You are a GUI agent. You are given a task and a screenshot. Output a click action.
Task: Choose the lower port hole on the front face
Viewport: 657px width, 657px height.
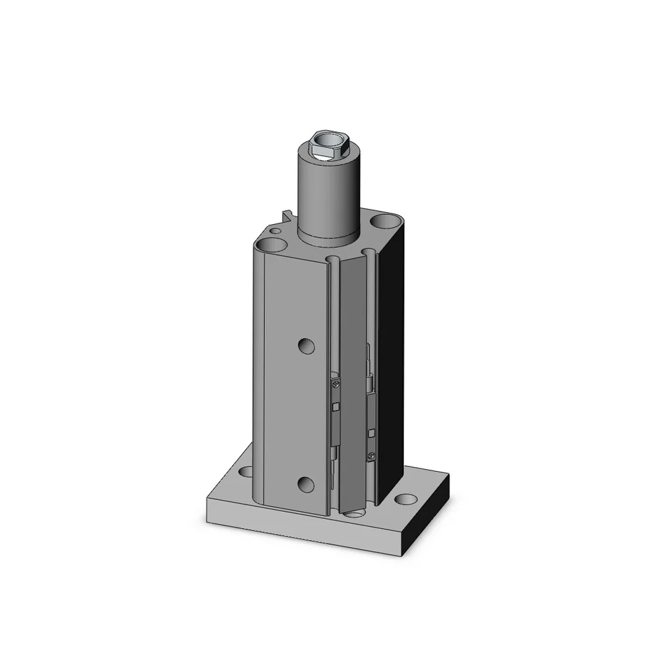(x=305, y=484)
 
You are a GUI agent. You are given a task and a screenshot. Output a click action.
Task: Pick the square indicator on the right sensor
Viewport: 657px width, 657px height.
(x=372, y=432)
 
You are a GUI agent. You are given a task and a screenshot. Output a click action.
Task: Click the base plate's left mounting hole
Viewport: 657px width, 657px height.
(x=245, y=470)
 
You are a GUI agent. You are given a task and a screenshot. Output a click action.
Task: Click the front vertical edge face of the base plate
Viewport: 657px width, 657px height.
(x=309, y=526)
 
